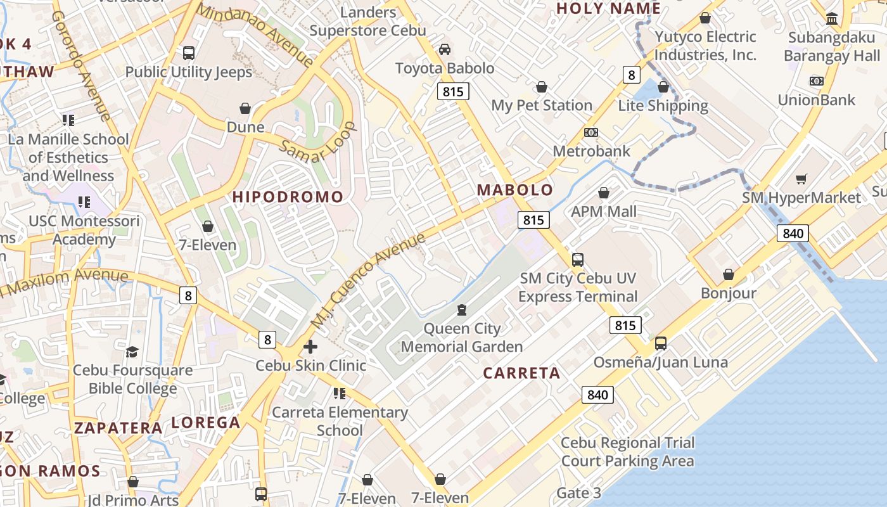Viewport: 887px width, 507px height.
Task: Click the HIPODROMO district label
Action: (x=288, y=196)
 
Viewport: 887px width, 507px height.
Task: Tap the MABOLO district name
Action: (x=515, y=189)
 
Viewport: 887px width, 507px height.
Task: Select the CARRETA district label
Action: (x=521, y=373)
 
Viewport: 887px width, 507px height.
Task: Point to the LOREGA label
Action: (x=206, y=423)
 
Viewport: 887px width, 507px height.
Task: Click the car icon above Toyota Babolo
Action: (x=445, y=49)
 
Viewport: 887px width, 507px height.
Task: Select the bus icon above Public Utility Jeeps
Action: (x=188, y=53)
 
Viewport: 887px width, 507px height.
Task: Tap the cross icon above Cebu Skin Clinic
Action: (x=310, y=347)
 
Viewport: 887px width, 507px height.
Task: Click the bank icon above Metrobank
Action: (x=591, y=132)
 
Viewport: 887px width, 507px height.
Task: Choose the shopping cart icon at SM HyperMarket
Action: (x=801, y=179)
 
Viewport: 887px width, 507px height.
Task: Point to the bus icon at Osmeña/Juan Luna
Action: (x=661, y=343)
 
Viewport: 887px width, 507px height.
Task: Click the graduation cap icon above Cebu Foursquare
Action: (x=132, y=352)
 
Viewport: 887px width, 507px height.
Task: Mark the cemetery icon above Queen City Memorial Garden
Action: (x=462, y=310)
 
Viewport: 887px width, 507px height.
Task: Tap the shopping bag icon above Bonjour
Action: (x=729, y=274)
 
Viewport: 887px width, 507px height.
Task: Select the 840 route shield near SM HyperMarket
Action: (x=793, y=233)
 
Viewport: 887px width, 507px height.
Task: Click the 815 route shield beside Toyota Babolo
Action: (x=453, y=91)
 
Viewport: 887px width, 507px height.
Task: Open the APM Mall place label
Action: (x=604, y=211)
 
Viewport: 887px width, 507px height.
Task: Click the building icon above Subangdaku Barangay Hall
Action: (x=832, y=18)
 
